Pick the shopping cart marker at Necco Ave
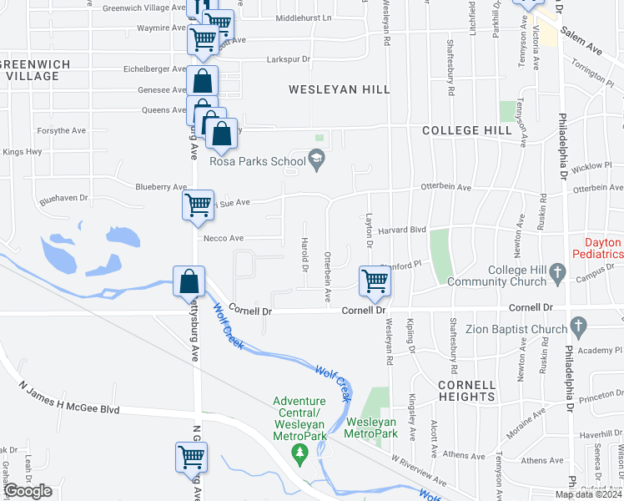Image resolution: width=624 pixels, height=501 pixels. click(198, 205)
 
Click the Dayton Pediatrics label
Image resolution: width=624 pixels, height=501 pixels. click(597, 248)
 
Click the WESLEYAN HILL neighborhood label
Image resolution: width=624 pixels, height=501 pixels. click(340, 89)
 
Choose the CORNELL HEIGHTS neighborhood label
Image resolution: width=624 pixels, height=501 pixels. click(466, 390)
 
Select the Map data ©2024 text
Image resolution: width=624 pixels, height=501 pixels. click(588, 494)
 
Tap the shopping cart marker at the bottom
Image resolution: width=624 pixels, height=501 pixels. click(191, 458)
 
